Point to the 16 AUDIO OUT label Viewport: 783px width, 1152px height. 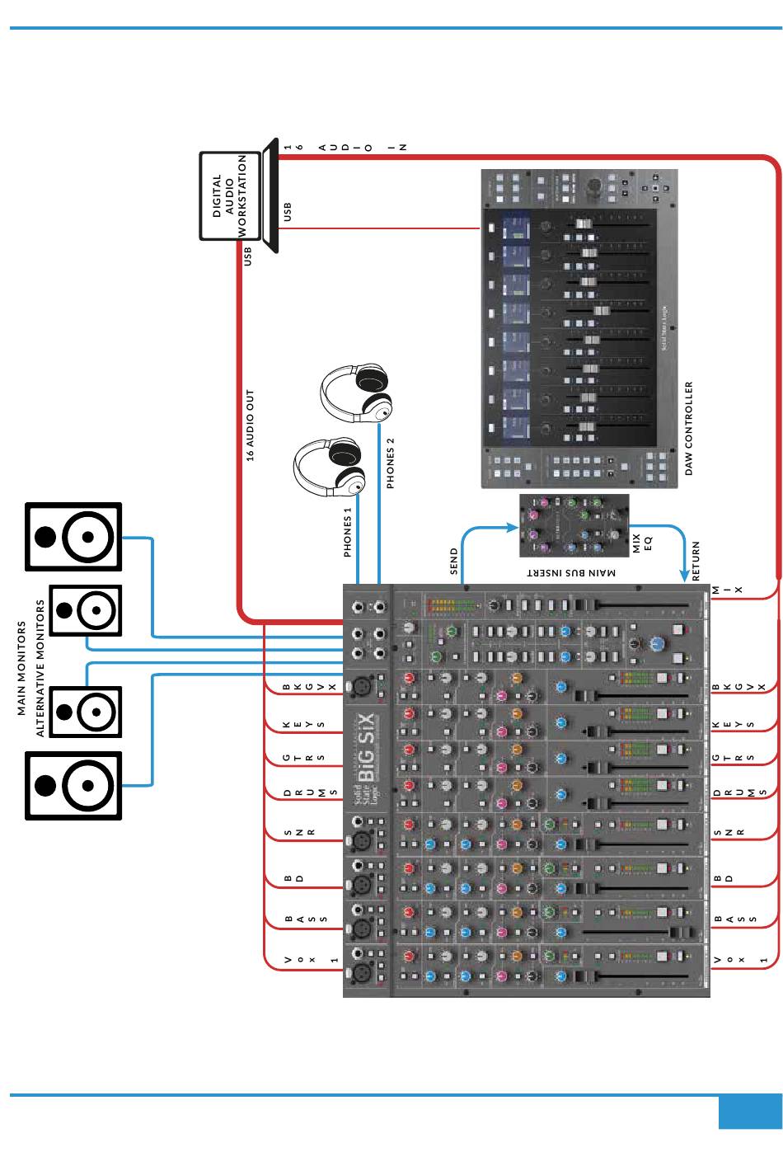tap(251, 425)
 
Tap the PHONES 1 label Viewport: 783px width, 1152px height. tap(348, 532)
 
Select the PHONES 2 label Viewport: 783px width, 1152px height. tap(391, 463)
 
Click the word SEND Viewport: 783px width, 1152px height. tap(453, 560)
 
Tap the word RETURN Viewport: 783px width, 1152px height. tap(696, 562)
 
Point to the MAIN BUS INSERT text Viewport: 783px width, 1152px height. tap(571, 572)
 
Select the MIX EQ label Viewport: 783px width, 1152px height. tap(642, 543)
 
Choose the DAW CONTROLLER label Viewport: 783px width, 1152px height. tap(689, 428)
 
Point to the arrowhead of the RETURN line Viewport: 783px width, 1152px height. tap(683, 574)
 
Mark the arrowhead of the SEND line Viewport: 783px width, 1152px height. tap(510, 526)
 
